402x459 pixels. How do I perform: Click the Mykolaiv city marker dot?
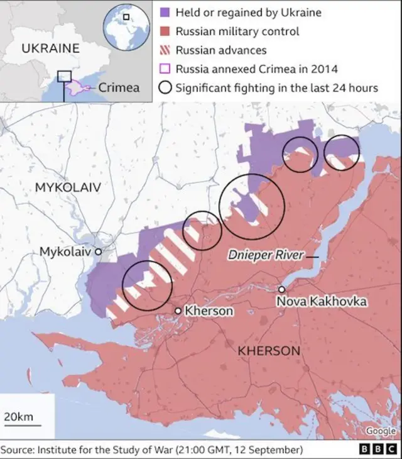[98, 252]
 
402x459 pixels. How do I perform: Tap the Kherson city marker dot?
[178, 311]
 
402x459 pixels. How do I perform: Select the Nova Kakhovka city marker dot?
[282, 289]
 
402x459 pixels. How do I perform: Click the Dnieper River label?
[265, 256]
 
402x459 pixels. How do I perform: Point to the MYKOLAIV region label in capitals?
[67, 187]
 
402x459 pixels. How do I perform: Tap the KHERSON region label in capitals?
[268, 350]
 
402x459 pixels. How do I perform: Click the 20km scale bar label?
[19, 418]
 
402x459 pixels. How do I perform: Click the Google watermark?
[381, 431]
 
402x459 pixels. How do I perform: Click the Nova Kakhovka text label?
[321, 302]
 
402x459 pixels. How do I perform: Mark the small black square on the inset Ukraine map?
[64, 76]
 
